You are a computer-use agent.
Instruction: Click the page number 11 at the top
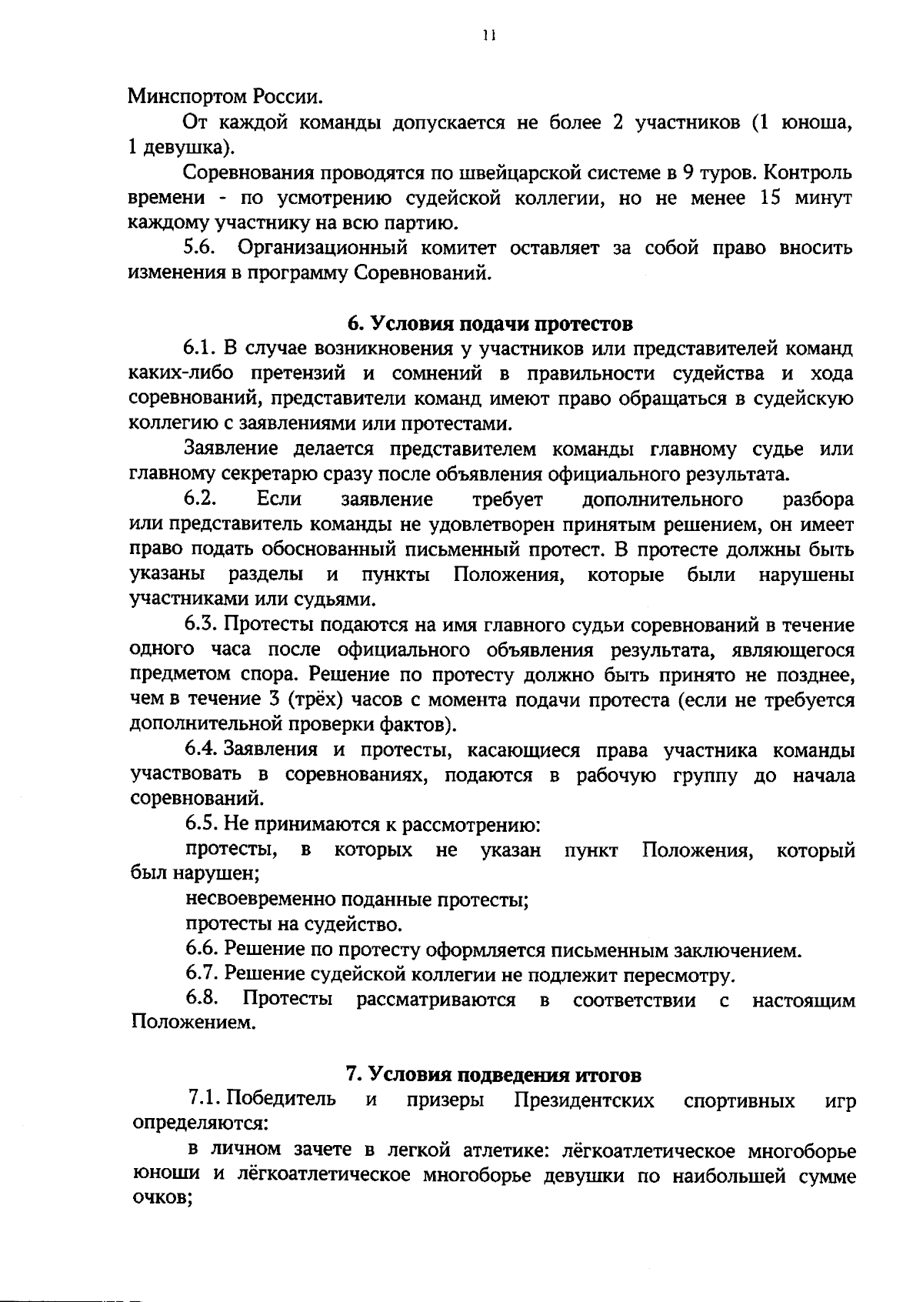pos(486,35)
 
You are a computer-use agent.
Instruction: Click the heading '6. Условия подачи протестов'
pos(491,323)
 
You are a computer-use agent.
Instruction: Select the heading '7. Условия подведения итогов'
pos(493,1074)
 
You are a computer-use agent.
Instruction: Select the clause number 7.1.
pos(205,1098)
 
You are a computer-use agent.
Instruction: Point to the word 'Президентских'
pos(584,1100)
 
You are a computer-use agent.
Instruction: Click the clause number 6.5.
pos(202,824)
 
